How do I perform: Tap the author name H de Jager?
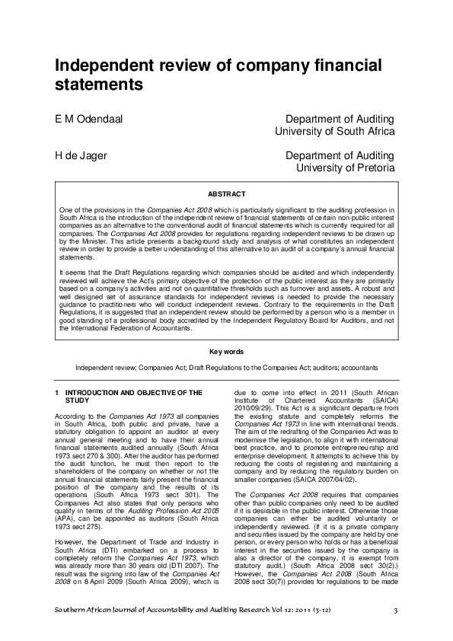80,156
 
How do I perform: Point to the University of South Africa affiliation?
334,131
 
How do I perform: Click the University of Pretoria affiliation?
345,167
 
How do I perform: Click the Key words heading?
226,352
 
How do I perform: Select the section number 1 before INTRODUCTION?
57,393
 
